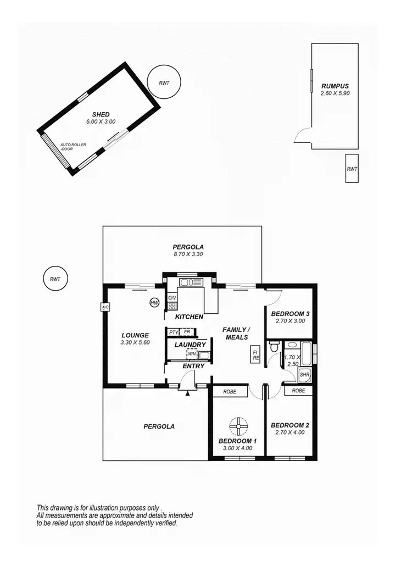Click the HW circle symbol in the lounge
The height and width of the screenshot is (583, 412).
(154, 302)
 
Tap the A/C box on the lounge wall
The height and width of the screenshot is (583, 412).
(104, 307)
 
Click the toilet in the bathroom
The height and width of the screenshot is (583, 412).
(274, 347)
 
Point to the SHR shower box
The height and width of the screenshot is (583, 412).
(305, 375)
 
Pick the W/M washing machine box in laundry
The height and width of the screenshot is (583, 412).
(192, 353)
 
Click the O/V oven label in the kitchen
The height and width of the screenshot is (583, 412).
(172, 297)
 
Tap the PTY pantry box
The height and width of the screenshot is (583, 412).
(173, 332)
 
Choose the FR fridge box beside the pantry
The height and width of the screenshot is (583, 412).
(187, 332)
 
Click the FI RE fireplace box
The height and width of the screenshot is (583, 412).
(256, 354)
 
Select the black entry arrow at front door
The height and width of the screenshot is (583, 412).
(188, 392)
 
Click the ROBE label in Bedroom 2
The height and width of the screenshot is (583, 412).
(298, 391)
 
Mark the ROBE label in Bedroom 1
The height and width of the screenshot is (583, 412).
(230, 392)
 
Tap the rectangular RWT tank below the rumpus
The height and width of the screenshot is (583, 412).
(352, 169)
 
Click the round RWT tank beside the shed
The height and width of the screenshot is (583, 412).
(164, 83)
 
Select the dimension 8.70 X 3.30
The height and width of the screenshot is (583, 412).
(185, 255)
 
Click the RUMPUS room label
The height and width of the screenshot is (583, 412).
(335, 86)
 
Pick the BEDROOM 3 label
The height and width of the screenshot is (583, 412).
(290, 314)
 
